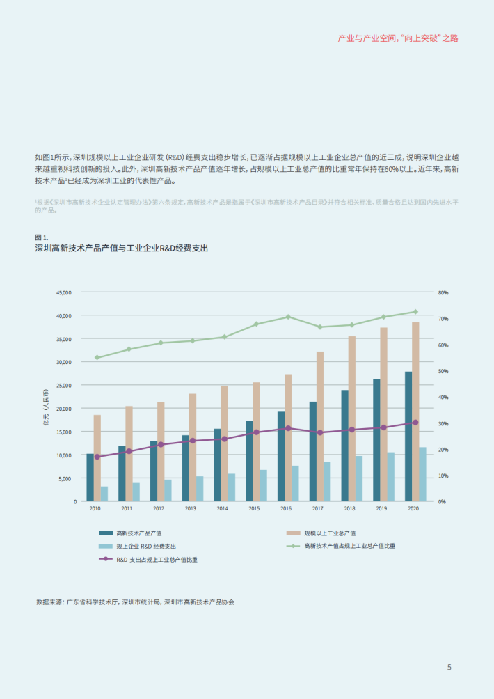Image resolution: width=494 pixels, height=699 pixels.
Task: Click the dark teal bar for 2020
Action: click(x=408, y=436)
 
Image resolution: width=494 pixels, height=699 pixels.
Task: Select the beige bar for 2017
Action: click(x=320, y=426)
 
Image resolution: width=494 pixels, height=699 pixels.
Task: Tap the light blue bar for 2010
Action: click(x=104, y=494)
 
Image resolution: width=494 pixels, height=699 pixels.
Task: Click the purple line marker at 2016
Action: click(x=289, y=428)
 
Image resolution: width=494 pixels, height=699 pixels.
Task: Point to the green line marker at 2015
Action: click(x=256, y=324)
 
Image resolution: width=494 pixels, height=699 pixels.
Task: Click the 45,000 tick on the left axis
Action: click(x=63, y=292)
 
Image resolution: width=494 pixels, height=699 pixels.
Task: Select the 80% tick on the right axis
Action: click(x=443, y=292)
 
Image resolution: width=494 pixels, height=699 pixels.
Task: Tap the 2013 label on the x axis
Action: click(x=190, y=510)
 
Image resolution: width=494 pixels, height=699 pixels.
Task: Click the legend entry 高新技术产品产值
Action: click(x=138, y=533)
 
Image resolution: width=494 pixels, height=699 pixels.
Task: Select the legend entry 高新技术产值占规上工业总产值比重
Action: click(x=349, y=546)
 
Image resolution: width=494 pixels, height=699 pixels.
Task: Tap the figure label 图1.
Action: click(x=42, y=237)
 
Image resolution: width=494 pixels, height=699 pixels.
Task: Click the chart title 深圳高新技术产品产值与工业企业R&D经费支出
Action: click(x=121, y=248)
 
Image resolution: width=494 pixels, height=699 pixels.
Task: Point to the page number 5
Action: click(x=449, y=667)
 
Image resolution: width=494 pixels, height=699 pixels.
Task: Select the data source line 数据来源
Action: click(x=135, y=602)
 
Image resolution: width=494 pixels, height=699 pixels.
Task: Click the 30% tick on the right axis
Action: click(x=443, y=423)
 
